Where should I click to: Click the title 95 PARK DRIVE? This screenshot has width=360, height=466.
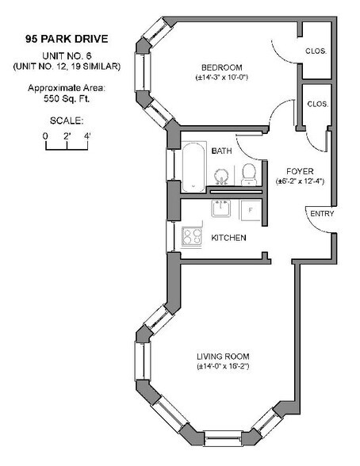[x=67, y=37]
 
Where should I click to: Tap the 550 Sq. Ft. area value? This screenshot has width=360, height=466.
[x=67, y=98]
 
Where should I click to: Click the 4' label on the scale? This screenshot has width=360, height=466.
[x=87, y=136]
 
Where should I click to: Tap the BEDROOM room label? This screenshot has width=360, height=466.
[x=222, y=67]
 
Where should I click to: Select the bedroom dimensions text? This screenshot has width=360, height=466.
[x=222, y=78]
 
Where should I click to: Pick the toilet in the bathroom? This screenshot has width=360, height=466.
[x=249, y=174]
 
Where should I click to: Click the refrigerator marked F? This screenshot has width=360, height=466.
[x=250, y=210]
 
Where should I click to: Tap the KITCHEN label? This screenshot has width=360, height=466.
[x=228, y=239]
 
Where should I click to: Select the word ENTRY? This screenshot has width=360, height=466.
[x=322, y=214]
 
